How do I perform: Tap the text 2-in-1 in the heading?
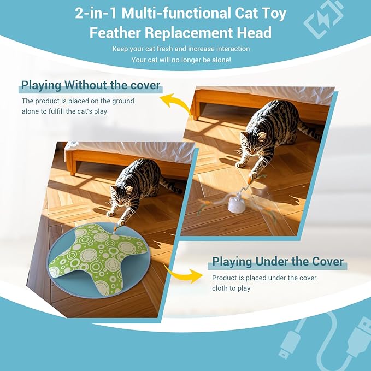point(97,13)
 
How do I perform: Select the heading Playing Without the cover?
point(90,85)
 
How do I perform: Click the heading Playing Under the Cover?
point(278,262)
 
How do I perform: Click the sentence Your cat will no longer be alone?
point(181,59)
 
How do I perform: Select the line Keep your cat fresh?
point(181,49)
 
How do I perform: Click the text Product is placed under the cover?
point(264,278)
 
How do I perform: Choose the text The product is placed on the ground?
point(78,101)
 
